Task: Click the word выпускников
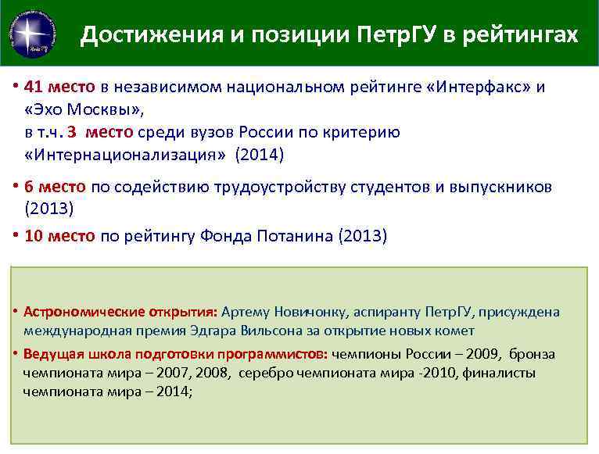click(x=502, y=187)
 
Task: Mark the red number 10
click(x=34, y=236)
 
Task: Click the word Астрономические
click(x=73, y=312)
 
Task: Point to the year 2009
click(x=454, y=354)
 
